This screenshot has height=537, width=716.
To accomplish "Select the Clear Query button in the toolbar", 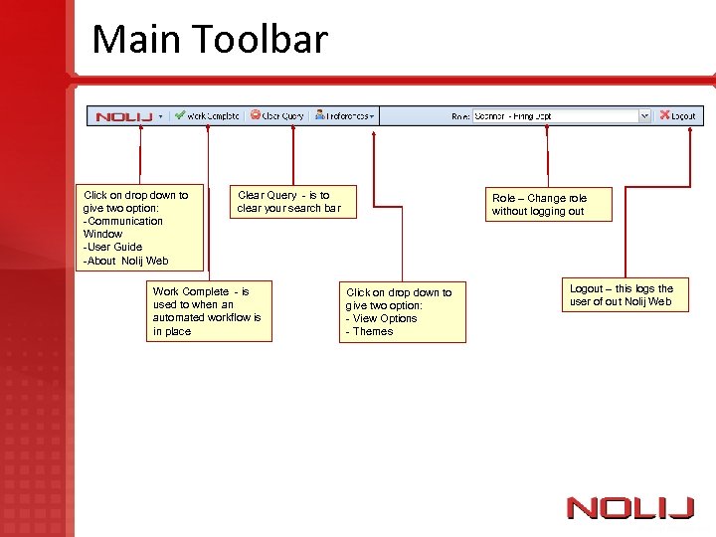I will tap(277, 115).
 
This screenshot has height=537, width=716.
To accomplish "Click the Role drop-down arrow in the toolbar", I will tap(644, 116).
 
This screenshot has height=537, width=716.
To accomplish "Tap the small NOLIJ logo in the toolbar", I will tap(123, 116).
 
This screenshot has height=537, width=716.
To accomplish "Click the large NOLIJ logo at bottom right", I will tap(629, 508).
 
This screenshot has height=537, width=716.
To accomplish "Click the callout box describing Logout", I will tap(622, 295).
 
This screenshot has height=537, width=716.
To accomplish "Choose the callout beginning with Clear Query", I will tap(287, 202).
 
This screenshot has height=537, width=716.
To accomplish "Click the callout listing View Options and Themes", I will tap(402, 312).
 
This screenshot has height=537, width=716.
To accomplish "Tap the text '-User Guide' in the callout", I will tap(113, 247).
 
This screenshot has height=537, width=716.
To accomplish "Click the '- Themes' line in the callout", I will tap(369, 332).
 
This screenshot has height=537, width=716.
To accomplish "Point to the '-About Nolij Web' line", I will tap(126, 261).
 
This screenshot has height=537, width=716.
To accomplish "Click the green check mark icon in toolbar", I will tap(180, 115).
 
